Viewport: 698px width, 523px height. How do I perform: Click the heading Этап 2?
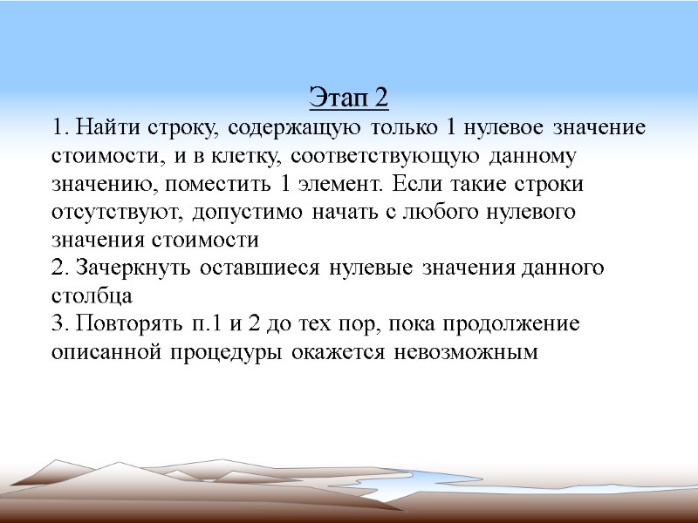click(x=349, y=98)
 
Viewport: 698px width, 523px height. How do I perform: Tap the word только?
click(x=405, y=127)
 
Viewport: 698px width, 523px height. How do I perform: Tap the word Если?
click(x=415, y=187)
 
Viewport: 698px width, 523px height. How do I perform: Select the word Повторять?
click(x=125, y=325)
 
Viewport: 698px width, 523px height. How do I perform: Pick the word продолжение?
click(x=517, y=325)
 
